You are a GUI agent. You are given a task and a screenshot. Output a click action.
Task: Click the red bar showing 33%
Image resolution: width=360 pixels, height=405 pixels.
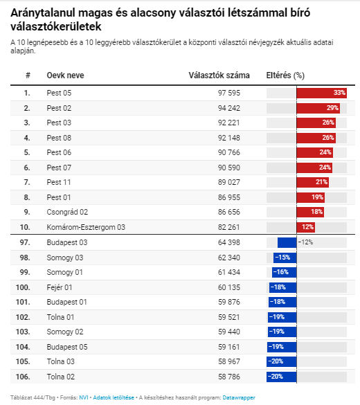321,93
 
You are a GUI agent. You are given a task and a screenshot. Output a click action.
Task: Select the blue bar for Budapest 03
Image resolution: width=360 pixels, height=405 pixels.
287,242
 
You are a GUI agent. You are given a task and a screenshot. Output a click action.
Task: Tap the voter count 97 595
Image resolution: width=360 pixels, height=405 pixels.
229,93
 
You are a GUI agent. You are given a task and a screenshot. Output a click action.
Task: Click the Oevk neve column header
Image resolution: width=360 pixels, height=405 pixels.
65,75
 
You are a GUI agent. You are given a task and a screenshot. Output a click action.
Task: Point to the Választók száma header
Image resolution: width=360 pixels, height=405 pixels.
219,75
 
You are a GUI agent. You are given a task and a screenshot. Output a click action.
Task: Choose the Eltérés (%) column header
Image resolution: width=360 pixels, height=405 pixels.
285,75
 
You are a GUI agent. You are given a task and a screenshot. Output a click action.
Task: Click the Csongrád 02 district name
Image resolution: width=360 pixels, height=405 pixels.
67,212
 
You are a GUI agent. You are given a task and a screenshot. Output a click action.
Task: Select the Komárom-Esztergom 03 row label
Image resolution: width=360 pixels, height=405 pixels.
86,227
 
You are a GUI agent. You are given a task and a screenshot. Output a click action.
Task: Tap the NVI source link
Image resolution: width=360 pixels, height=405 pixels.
84,397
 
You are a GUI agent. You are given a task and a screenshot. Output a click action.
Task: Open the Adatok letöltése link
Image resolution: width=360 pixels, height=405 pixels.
114,397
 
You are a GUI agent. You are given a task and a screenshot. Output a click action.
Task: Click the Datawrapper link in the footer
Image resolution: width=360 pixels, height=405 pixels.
239,397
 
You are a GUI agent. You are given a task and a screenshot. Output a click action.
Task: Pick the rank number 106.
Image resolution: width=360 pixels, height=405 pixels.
23,377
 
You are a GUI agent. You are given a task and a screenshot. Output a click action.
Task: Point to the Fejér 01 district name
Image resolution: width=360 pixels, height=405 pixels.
60,287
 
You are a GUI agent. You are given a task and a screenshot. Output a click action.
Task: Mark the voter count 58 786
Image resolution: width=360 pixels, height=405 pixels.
229,377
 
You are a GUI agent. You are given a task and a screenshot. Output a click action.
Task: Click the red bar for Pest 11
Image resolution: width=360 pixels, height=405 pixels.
312,182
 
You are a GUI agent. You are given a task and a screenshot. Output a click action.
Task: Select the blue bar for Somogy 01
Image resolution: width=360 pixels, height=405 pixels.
285,272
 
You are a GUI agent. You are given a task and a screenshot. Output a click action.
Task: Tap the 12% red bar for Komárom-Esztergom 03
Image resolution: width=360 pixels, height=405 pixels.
306,227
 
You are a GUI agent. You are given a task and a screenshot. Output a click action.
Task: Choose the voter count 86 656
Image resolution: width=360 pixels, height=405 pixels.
229,212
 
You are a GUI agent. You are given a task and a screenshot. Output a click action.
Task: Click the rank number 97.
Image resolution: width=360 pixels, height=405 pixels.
25,242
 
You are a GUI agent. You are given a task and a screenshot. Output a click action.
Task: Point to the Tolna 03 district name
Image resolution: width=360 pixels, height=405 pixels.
60,361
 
